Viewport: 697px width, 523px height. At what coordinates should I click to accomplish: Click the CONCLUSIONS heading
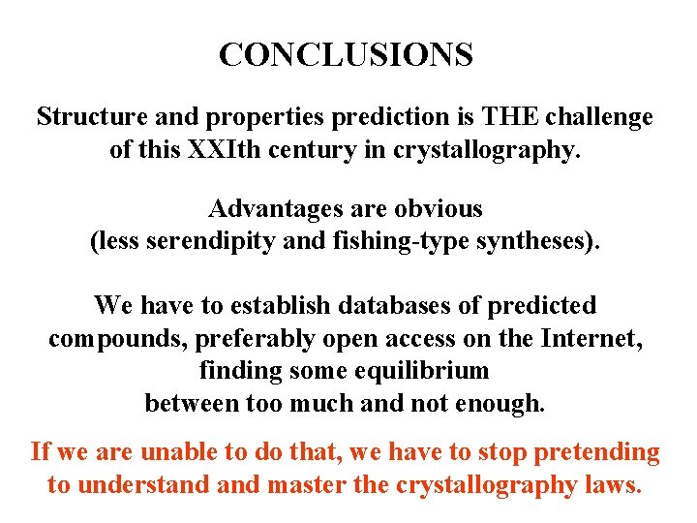[346, 55]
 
